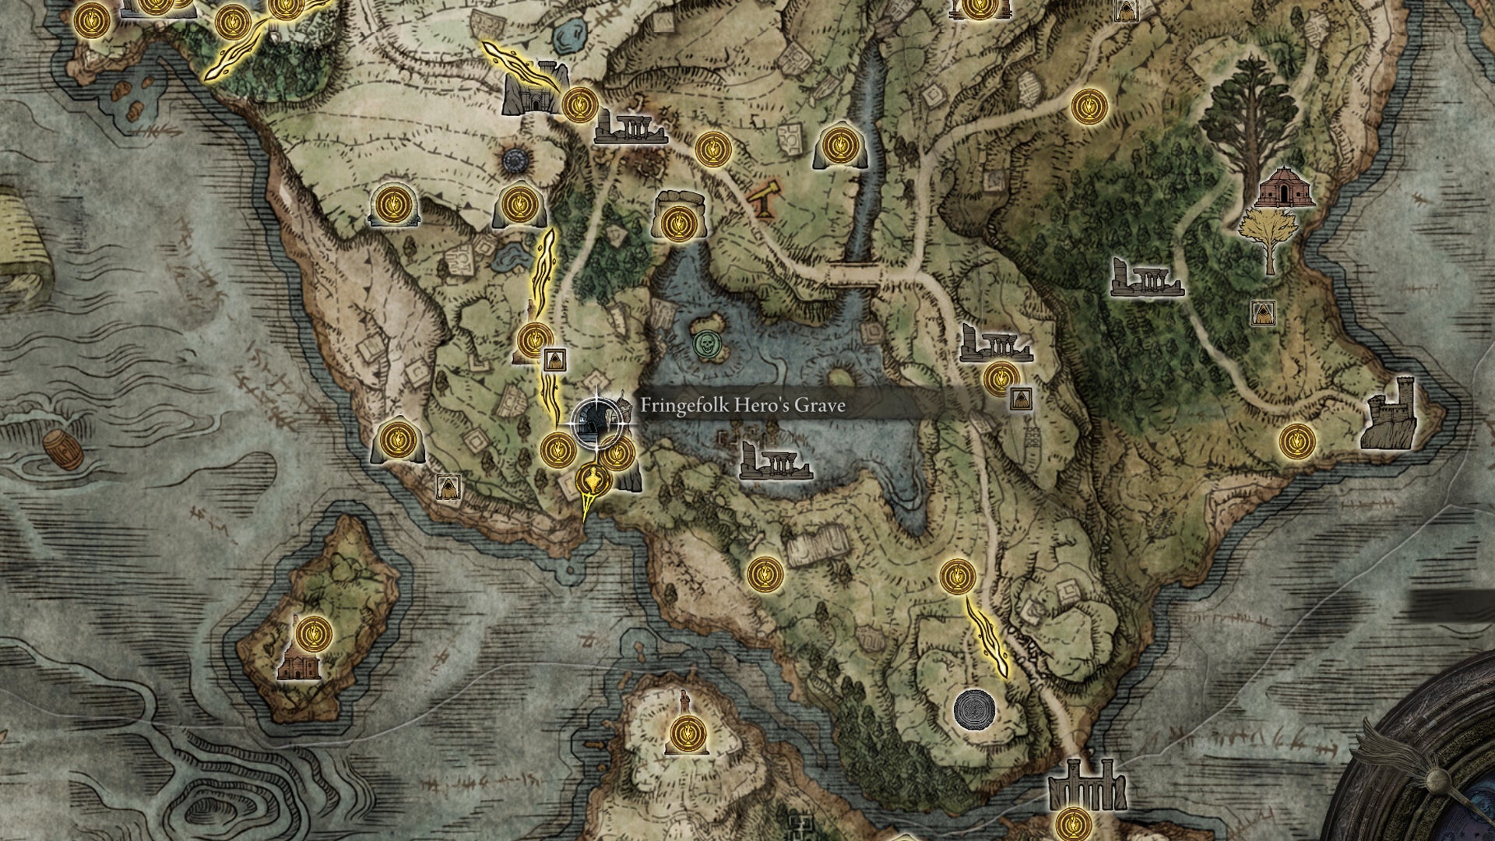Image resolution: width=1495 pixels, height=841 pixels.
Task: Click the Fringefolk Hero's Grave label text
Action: point(741,406)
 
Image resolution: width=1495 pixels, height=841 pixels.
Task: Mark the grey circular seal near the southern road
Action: point(974,709)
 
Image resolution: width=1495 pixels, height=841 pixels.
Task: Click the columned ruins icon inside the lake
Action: point(774,461)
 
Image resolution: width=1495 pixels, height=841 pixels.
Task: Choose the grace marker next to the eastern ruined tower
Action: point(1296,441)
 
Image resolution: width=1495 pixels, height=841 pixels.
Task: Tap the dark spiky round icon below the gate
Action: point(516,160)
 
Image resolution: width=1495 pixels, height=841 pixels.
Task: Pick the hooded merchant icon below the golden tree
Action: point(1262,313)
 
